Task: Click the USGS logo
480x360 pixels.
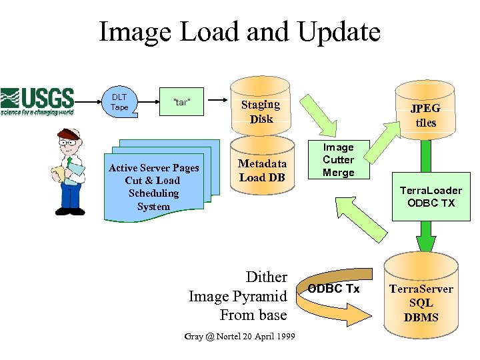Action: click(x=37, y=101)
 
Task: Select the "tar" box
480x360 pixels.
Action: click(x=182, y=102)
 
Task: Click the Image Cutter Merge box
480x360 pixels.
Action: click(x=338, y=160)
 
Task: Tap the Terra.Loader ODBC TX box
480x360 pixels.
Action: click(x=431, y=197)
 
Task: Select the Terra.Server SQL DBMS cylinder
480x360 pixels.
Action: click(x=421, y=297)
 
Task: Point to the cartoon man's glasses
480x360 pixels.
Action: click(x=68, y=141)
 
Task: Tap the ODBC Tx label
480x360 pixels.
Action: click(x=333, y=289)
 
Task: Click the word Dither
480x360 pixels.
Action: click(x=266, y=277)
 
